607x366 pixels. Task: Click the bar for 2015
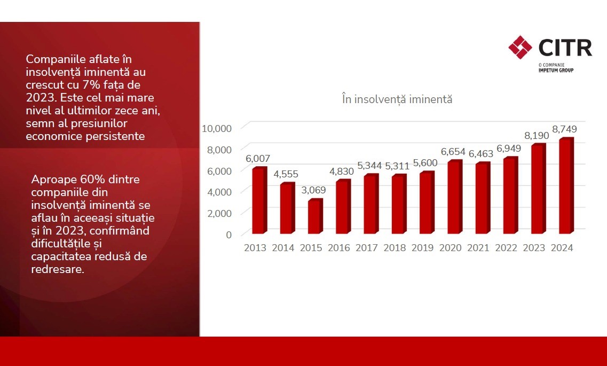(314, 217)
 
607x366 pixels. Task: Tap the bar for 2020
(454, 198)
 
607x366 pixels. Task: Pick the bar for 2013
(258, 201)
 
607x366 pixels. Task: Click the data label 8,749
(564, 129)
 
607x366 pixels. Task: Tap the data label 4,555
(286, 174)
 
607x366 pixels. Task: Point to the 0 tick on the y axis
(228, 235)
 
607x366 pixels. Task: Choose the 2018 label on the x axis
(395, 248)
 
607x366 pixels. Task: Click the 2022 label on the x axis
(506, 248)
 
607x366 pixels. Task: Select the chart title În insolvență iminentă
(397, 99)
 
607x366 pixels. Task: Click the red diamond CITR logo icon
(521, 47)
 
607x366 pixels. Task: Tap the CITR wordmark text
(565, 48)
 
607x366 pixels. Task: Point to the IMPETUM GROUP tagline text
(556, 70)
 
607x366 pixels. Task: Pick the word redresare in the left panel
(57, 269)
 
